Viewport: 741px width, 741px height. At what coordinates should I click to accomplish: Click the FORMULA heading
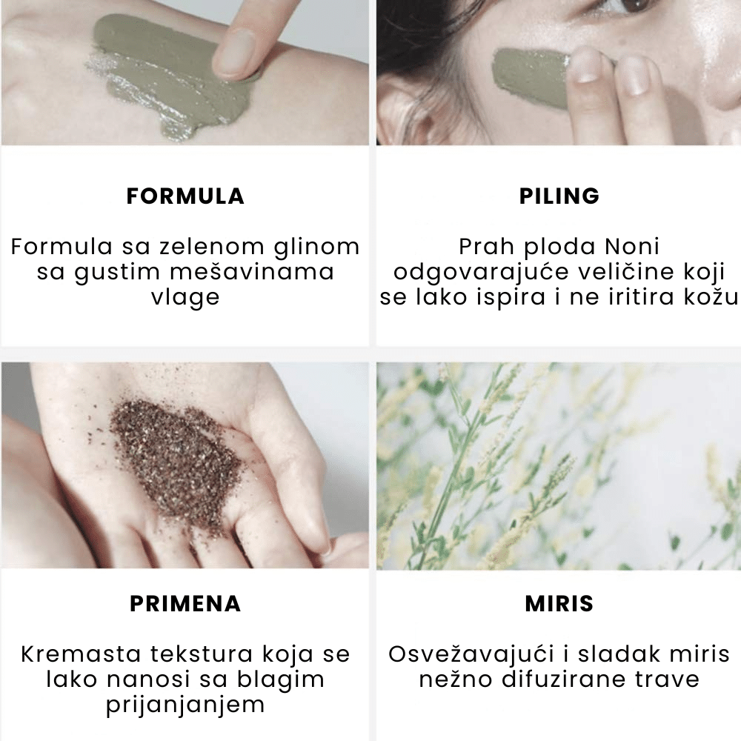(x=185, y=196)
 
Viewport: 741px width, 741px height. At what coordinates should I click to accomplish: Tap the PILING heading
(x=559, y=196)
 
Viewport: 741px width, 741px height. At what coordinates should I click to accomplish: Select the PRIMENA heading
(x=185, y=603)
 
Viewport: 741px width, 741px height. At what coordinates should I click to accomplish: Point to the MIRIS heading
(x=559, y=603)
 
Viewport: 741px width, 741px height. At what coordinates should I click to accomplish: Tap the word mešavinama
(x=252, y=272)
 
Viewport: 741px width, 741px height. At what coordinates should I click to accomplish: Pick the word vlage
(x=185, y=298)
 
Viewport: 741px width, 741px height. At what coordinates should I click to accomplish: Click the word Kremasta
(x=81, y=654)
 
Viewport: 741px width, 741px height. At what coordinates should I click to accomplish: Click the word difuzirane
(x=564, y=679)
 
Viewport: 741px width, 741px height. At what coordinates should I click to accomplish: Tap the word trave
(x=667, y=680)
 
